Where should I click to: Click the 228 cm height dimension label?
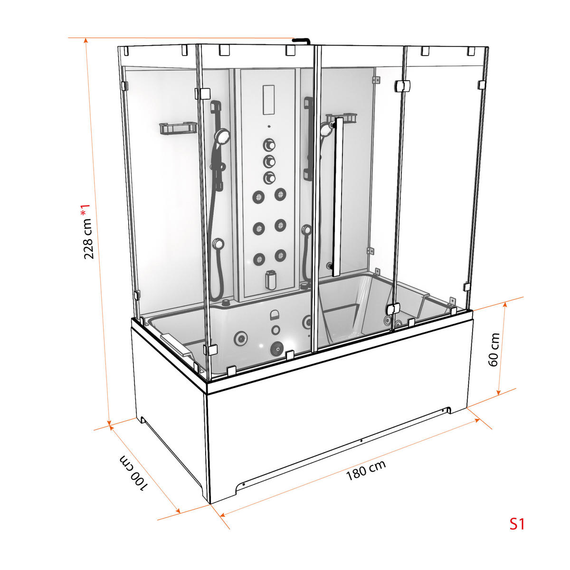tap(88, 239)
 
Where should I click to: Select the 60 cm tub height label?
tap(494, 350)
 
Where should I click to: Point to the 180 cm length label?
tap(366, 470)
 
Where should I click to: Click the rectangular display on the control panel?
tap(268, 100)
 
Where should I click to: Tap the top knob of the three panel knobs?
tap(269, 145)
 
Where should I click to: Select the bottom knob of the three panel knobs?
tap(269, 178)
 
